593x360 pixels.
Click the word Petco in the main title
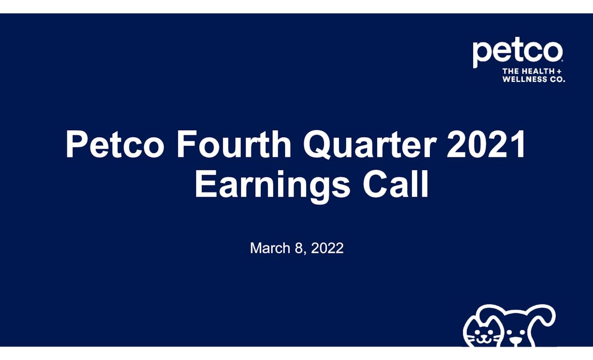tap(115, 145)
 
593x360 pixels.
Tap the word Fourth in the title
tap(233, 145)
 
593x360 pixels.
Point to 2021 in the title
tap(486, 145)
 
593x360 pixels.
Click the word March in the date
tap(270, 248)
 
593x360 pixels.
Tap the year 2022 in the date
tap(327, 248)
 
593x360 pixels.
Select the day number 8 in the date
tap(299, 248)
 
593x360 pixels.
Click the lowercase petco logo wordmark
tap(517, 52)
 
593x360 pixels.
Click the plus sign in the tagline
tap(559, 71)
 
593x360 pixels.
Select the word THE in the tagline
tap(510, 71)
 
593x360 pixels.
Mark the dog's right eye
tap(523, 332)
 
